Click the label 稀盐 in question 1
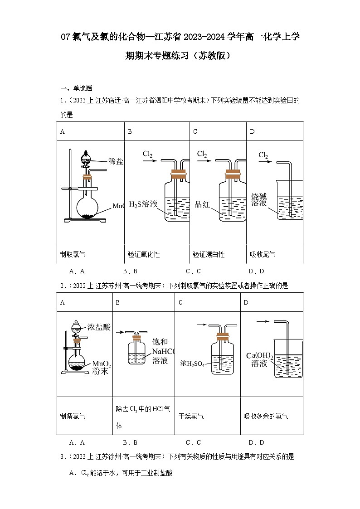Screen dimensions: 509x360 116,161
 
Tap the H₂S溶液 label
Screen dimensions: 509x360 143,204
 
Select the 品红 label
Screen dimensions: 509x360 202,204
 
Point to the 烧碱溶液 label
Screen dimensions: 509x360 259,199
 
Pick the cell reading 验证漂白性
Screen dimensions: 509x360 209,255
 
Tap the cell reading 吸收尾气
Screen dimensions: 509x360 263,255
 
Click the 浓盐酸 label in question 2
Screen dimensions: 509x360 99,327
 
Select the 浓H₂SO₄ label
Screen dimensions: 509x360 193,363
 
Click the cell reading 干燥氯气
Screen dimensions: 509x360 191,416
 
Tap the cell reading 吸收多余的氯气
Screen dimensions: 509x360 266,416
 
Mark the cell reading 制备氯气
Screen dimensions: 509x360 73,416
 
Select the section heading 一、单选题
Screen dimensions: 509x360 77,88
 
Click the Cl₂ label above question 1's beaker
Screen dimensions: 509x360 263,155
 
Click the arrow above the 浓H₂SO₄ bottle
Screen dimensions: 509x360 202,325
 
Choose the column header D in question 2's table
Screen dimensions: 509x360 246,302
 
